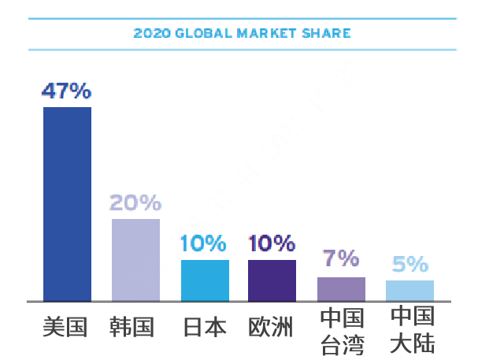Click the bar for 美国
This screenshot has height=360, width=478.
point(67,203)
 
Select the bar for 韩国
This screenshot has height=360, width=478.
point(135,259)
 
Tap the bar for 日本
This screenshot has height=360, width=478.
point(205,280)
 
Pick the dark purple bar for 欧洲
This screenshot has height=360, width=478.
point(272,280)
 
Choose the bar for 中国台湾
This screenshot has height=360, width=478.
point(341,288)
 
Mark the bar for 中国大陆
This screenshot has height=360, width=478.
point(409,290)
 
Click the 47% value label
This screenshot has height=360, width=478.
point(67,91)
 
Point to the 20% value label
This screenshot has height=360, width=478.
point(135,203)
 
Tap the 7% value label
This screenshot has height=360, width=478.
point(341,258)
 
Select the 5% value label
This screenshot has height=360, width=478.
point(409,264)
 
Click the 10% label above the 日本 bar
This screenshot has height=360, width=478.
point(203,243)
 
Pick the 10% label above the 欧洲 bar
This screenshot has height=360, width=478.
point(272,243)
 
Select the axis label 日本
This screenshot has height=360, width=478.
point(205,327)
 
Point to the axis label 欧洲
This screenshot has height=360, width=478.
point(271,327)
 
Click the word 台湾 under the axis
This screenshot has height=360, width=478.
point(342,345)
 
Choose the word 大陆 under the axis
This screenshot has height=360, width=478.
point(413,345)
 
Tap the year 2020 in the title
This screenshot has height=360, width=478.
point(148,34)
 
